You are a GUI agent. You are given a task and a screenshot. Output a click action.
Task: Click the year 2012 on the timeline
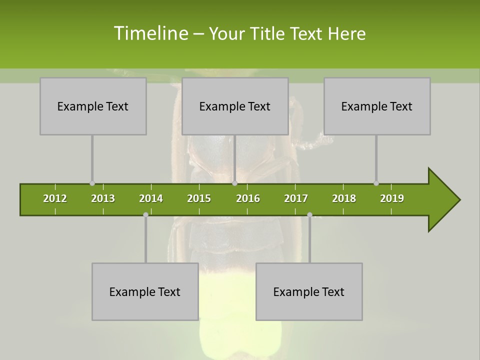click(55, 198)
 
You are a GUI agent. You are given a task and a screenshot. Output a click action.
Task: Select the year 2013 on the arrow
click(103, 198)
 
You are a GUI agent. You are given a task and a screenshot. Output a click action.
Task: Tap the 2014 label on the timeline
click(151, 198)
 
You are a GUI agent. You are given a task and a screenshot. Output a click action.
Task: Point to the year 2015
click(199, 198)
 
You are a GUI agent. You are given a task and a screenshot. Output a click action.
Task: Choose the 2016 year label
click(248, 198)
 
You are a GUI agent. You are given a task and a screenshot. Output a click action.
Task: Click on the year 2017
click(296, 198)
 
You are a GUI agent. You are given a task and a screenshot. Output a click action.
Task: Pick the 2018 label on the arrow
click(344, 198)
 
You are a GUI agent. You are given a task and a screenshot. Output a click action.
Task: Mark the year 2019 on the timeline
click(392, 198)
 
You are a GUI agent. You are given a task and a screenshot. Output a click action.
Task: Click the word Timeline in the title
click(150, 33)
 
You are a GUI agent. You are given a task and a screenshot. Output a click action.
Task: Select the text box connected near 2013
click(93, 106)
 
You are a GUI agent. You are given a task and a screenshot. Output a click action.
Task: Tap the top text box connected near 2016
click(235, 106)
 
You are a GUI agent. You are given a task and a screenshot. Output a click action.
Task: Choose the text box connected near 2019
click(377, 106)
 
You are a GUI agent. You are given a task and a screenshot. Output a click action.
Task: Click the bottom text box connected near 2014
click(145, 291)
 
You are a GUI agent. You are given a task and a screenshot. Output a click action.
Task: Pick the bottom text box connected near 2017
click(309, 291)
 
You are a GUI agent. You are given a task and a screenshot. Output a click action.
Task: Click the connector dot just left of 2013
click(92, 183)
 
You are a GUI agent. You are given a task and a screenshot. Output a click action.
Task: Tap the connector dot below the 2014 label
click(145, 214)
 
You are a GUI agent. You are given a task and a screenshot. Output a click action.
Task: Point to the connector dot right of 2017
click(309, 214)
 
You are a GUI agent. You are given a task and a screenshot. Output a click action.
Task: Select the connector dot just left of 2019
click(376, 183)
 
